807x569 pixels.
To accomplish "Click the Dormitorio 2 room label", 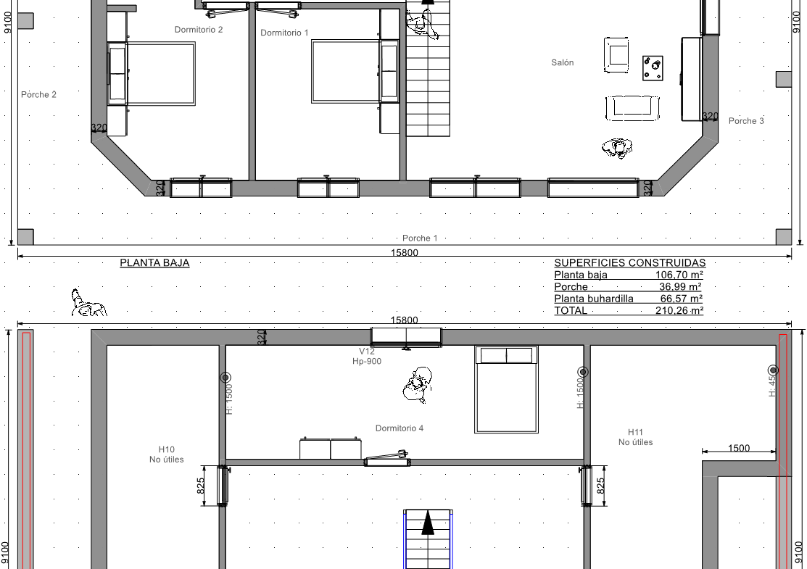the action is tap(199, 30).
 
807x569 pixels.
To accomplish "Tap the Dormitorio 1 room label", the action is tap(285, 33).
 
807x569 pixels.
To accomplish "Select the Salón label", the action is tap(563, 63).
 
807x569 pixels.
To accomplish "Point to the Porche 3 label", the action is tap(746, 121).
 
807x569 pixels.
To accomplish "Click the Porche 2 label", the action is tap(38, 95).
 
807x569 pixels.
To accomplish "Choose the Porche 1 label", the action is tap(420, 238).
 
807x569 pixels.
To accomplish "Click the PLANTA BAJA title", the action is tap(155, 263).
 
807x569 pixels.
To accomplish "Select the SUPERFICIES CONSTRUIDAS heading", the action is tap(630, 263).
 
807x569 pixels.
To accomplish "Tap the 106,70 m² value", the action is tap(679, 275).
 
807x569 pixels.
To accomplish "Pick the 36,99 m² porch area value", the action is tap(680, 286).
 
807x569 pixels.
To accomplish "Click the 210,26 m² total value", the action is tap(679, 310).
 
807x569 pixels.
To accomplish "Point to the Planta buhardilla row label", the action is tap(594, 299).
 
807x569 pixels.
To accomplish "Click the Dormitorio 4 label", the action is tap(400, 428).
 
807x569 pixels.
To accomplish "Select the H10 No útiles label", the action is tap(166, 454).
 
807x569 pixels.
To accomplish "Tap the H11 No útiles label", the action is tap(636, 437).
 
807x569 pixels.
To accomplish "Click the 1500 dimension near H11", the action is tap(739, 448).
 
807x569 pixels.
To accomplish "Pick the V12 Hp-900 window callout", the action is tap(366, 356).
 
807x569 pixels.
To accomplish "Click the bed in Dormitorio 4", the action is tap(506, 389).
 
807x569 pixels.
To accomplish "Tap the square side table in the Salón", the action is tap(653, 68).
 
